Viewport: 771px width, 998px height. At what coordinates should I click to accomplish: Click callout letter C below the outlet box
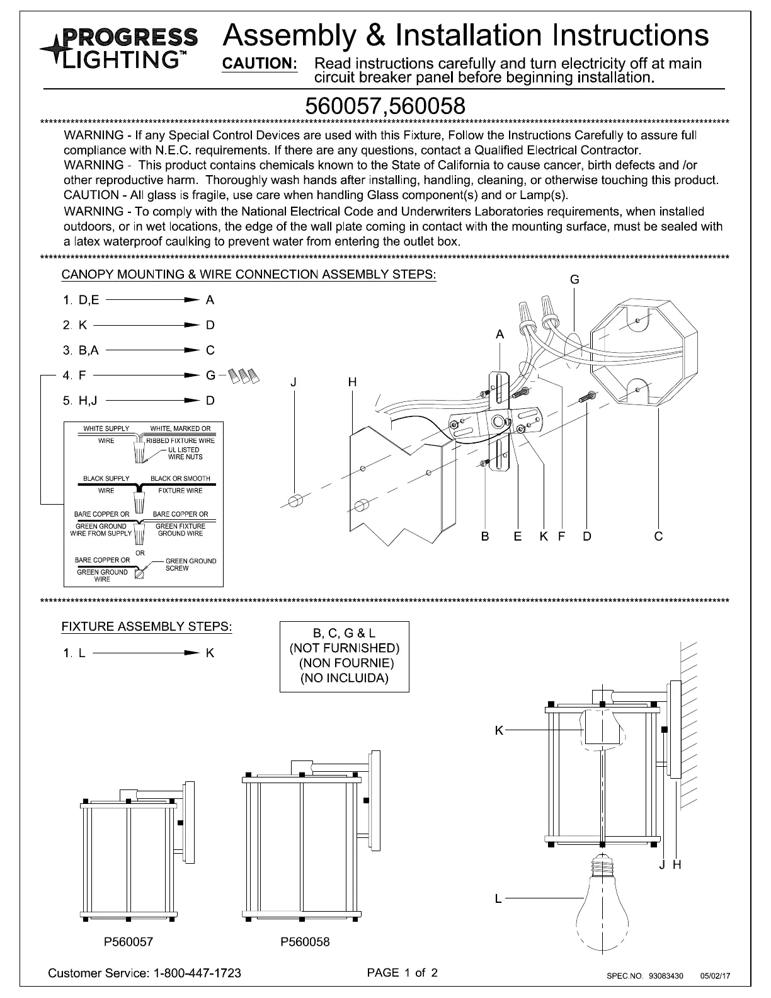[658, 536]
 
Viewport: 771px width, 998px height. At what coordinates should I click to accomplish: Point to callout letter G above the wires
[574, 280]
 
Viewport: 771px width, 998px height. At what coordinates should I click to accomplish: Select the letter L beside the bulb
[498, 898]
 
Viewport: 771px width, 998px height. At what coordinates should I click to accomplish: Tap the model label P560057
[128, 942]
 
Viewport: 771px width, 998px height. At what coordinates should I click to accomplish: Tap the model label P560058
[305, 942]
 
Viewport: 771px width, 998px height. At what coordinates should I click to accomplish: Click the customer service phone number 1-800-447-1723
[197, 973]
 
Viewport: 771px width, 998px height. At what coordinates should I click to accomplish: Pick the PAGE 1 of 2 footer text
[402, 972]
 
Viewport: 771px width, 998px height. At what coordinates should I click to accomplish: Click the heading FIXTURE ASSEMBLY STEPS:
[147, 627]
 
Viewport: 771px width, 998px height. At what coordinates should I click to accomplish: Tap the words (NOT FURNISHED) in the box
[345, 648]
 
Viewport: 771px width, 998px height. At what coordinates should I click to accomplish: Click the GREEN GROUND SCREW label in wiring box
[190, 565]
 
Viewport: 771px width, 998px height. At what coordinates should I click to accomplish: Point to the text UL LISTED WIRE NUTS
[185, 453]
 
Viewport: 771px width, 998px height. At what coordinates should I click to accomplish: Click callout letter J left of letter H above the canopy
[294, 382]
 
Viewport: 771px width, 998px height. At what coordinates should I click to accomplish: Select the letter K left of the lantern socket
[498, 730]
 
